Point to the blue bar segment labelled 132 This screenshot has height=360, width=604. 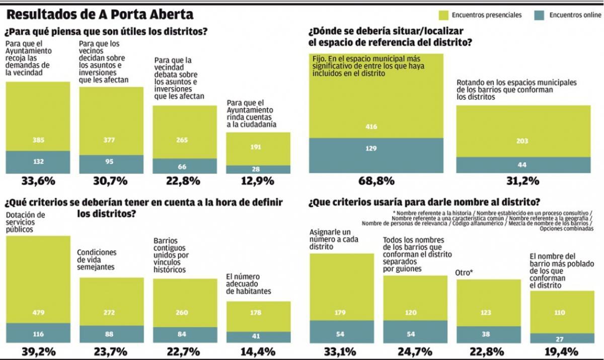click(x=38, y=162)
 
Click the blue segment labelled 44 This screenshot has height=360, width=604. click(x=523, y=165)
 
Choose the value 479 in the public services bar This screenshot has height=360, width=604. click(x=38, y=312)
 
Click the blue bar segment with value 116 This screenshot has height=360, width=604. click(x=38, y=333)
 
